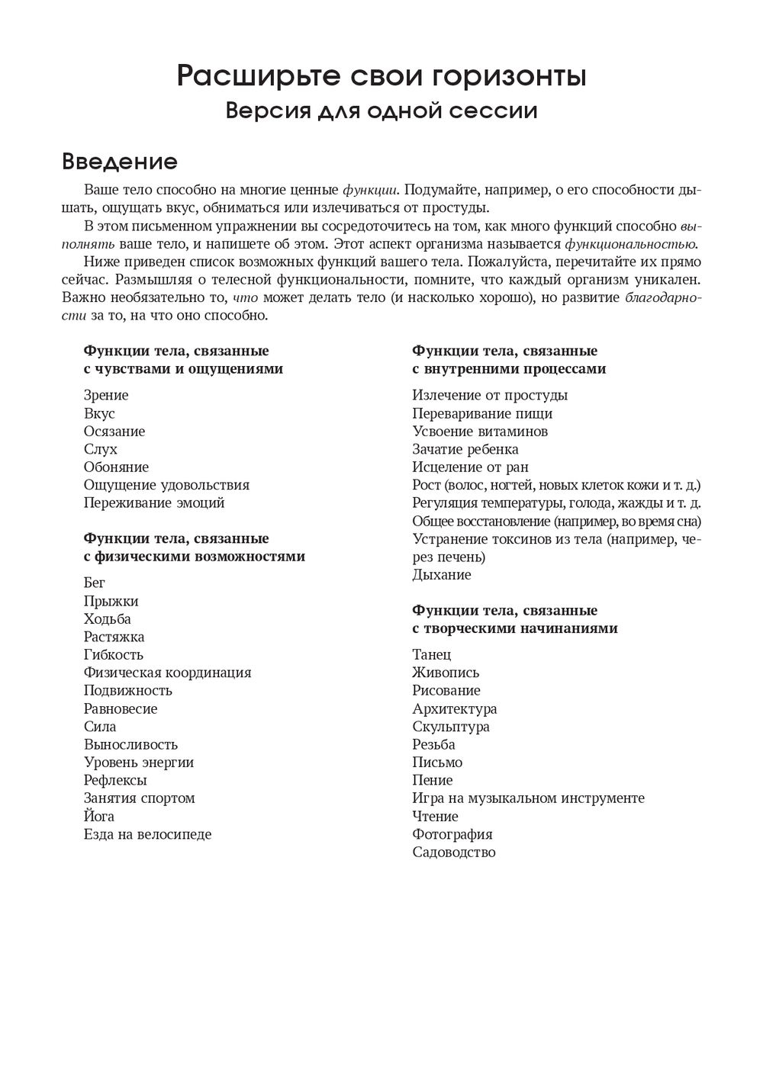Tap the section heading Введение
[119, 162]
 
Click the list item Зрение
[106, 395]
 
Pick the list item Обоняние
[116, 467]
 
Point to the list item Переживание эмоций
[154, 503]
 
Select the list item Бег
[95, 583]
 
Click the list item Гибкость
[114, 654]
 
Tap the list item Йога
[99, 816]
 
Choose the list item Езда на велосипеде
[147, 834]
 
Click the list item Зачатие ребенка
[465, 449]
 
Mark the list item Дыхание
[442, 574]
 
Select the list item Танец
[432, 654]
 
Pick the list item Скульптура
[451, 727]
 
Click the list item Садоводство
[454, 852]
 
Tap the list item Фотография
[452, 834]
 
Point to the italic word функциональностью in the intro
[630, 244]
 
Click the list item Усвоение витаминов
[480, 431]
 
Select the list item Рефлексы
[115, 780]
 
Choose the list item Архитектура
[455, 708]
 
